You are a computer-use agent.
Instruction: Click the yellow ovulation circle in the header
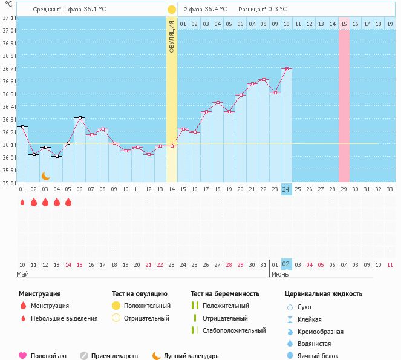coord(172,10)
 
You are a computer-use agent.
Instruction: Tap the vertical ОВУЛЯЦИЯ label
coord(172,36)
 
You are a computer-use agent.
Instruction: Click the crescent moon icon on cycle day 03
coord(45,175)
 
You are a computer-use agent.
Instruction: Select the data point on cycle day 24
coord(286,68)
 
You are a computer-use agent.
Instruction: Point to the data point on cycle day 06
coord(80,117)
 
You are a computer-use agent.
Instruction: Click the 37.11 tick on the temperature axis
coord(9,18)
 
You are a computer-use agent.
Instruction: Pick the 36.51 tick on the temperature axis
coord(9,94)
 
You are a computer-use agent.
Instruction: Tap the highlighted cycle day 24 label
coord(286,189)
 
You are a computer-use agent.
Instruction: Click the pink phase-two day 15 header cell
coord(344,24)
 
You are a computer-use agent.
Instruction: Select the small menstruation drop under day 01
coord(22,203)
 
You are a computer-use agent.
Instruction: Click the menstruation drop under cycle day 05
coord(68,202)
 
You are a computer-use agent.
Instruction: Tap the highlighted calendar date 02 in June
coord(286,264)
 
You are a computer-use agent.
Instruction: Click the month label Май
coord(22,275)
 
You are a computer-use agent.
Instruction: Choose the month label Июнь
coord(280,275)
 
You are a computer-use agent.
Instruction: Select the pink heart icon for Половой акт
coord(23,356)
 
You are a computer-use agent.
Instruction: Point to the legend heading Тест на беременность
coord(225,293)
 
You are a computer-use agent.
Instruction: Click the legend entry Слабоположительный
coord(234,330)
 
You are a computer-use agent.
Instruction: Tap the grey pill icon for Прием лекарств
coord(84,356)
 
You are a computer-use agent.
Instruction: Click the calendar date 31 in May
coord(263,264)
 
